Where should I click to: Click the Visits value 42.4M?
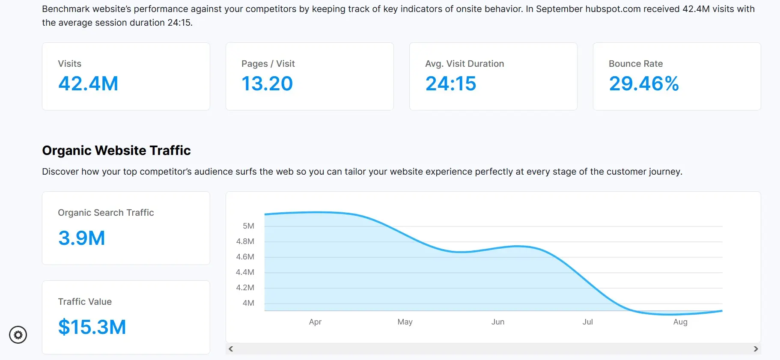coord(88,83)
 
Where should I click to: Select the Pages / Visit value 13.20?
coord(267,83)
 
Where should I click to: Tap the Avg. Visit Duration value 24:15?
coord(450,83)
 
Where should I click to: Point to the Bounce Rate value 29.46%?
coord(644,83)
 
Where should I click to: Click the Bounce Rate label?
coord(636,64)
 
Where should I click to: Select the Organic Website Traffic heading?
coord(116,151)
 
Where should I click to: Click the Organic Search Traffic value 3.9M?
coord(82,238)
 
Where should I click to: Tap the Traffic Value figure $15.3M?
coord(92,327)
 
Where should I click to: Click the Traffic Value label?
coord(85,302)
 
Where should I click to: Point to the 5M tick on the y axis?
coord(248,226)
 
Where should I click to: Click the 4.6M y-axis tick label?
coord(245,257)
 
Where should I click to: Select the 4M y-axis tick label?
coord(248,303)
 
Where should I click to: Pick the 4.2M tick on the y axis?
coord(245,288)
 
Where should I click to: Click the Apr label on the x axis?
coord(315,322)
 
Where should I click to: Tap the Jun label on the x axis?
coord(497,322)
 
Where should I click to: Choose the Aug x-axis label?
coord(680,322)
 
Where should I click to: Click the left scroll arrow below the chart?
coord(231,349)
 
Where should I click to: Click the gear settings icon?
coord(18,335)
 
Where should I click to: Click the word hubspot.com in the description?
coord(613,9)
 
